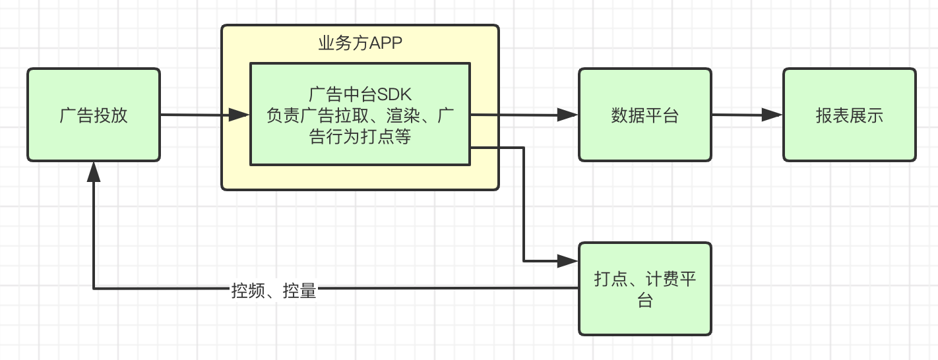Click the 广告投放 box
pos(93,115)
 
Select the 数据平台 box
pos(644,115)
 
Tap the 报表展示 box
pos(849,115)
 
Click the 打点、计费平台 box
pos(644,289)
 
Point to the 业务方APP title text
pos(360,44)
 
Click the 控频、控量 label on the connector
pos(274,290)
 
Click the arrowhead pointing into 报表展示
pos(772,115)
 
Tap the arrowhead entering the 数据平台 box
pos(568,115)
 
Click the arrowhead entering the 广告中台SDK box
pos(239,115)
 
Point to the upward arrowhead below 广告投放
pos(94,172)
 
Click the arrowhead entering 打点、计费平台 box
pos(568,260)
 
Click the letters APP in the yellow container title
pos(386,44)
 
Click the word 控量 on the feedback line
pos(299,290)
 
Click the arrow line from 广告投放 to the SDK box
pos(195,115)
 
